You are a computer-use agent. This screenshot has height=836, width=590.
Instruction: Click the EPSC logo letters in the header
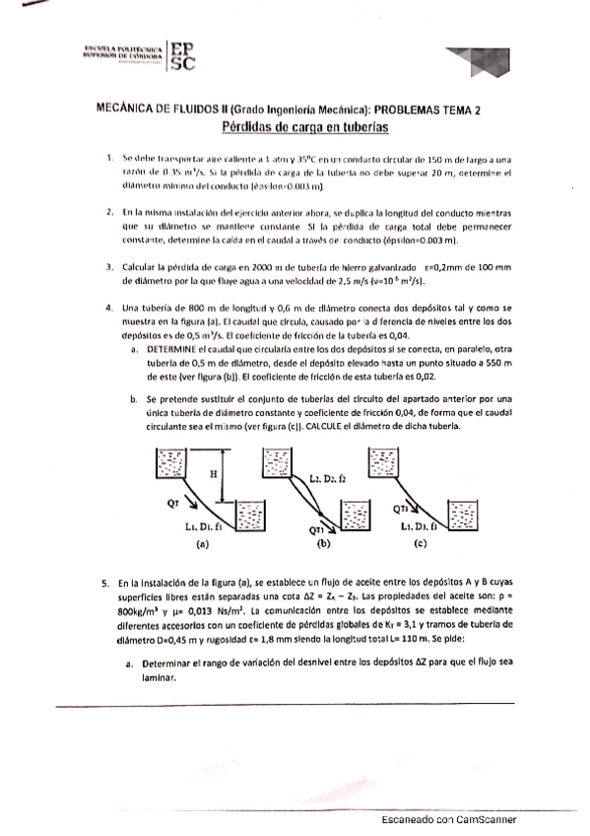pyautogui.click(x=182, y=56)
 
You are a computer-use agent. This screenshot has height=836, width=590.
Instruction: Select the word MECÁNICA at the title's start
pyautogui.click(x=126, y=112)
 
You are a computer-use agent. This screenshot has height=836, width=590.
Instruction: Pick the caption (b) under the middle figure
pyautogui.click(x=324, y=543)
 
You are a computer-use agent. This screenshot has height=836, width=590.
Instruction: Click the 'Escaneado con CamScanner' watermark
pyautogui.click(x=448, y=820)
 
